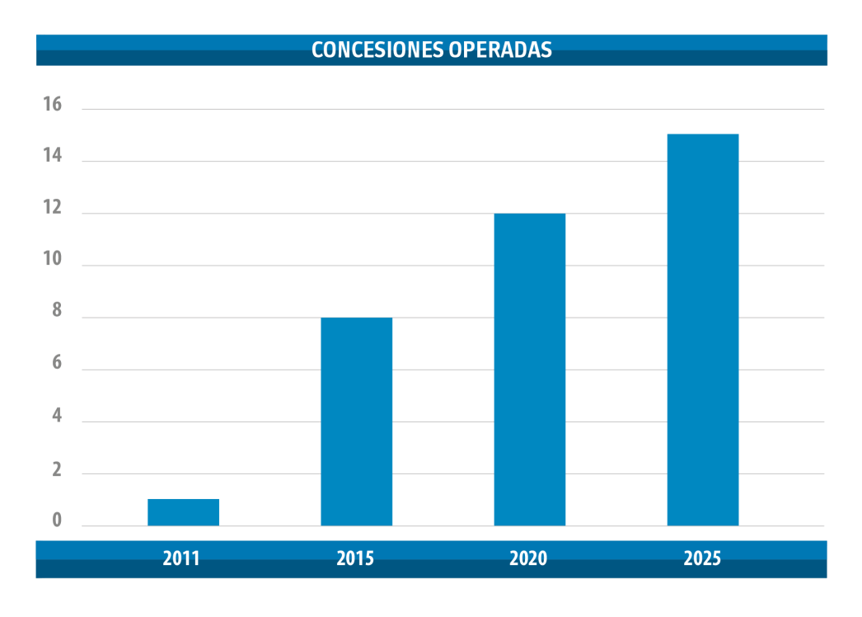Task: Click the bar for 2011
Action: point(183,512)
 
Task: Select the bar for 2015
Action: point(356,422)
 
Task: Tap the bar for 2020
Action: point(529,370)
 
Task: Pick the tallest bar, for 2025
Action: point(702,330)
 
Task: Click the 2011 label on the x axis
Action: point(181,558)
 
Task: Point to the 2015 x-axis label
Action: point(355,558)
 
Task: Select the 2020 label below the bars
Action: point(528,558)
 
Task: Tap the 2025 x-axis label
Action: point(702,558)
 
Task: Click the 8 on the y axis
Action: point(56,312)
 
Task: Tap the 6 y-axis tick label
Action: point(56,364)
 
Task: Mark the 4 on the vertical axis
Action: point(56,417)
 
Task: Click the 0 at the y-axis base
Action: point(56,520)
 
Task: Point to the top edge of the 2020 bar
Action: point(529,214)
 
